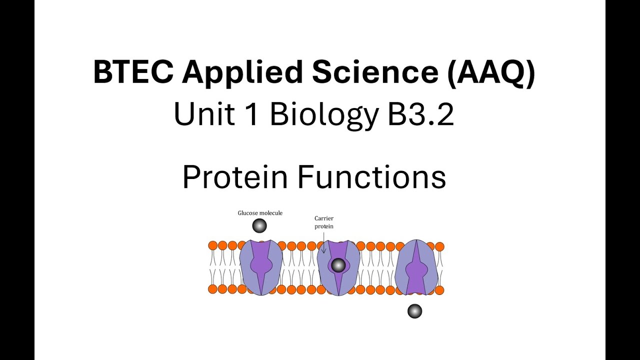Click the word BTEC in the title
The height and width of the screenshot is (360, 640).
(x=132, y=72)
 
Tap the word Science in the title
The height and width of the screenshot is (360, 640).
(x=375, y=72)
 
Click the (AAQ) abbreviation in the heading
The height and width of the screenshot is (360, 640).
(x=491, y=72)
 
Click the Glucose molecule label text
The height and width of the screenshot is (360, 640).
(x=260, y=213)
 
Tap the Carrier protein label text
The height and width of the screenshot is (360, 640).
(x=324, y=222)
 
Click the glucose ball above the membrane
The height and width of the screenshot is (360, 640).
(x=259, y=226)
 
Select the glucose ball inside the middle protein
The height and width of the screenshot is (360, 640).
(x=338, y=265)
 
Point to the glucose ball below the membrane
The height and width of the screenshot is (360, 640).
(x=415, y=311)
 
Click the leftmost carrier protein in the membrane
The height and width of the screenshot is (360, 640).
(x=261, y=267)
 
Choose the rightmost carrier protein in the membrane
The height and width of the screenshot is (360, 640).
(x=416, y=267)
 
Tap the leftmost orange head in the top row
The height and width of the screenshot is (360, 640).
(x=213, y=245)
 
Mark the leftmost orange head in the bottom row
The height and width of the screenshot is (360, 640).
(x=213, y=289)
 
